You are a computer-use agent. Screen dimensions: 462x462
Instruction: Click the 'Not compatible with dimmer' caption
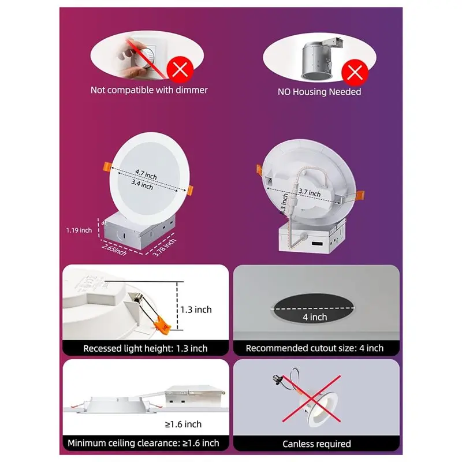[x=149, y=90]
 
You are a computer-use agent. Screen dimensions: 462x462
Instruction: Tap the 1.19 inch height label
[x=79, y=230]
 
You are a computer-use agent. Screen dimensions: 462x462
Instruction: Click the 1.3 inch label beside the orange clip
[x=195, y=310]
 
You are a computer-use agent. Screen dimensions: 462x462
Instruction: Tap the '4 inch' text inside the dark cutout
[x=315, y=316]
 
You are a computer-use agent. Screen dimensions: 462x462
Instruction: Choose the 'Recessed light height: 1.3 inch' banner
[x=146, y=348]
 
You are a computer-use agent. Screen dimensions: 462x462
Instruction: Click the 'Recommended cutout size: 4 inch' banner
[x=315, y=348]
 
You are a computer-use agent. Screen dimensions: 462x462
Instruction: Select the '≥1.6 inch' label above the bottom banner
[x=183, y=424]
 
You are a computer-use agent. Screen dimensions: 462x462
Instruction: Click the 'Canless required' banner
[x=316, y=444]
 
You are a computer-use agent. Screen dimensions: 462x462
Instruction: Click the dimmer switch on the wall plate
[x=144, y=55]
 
